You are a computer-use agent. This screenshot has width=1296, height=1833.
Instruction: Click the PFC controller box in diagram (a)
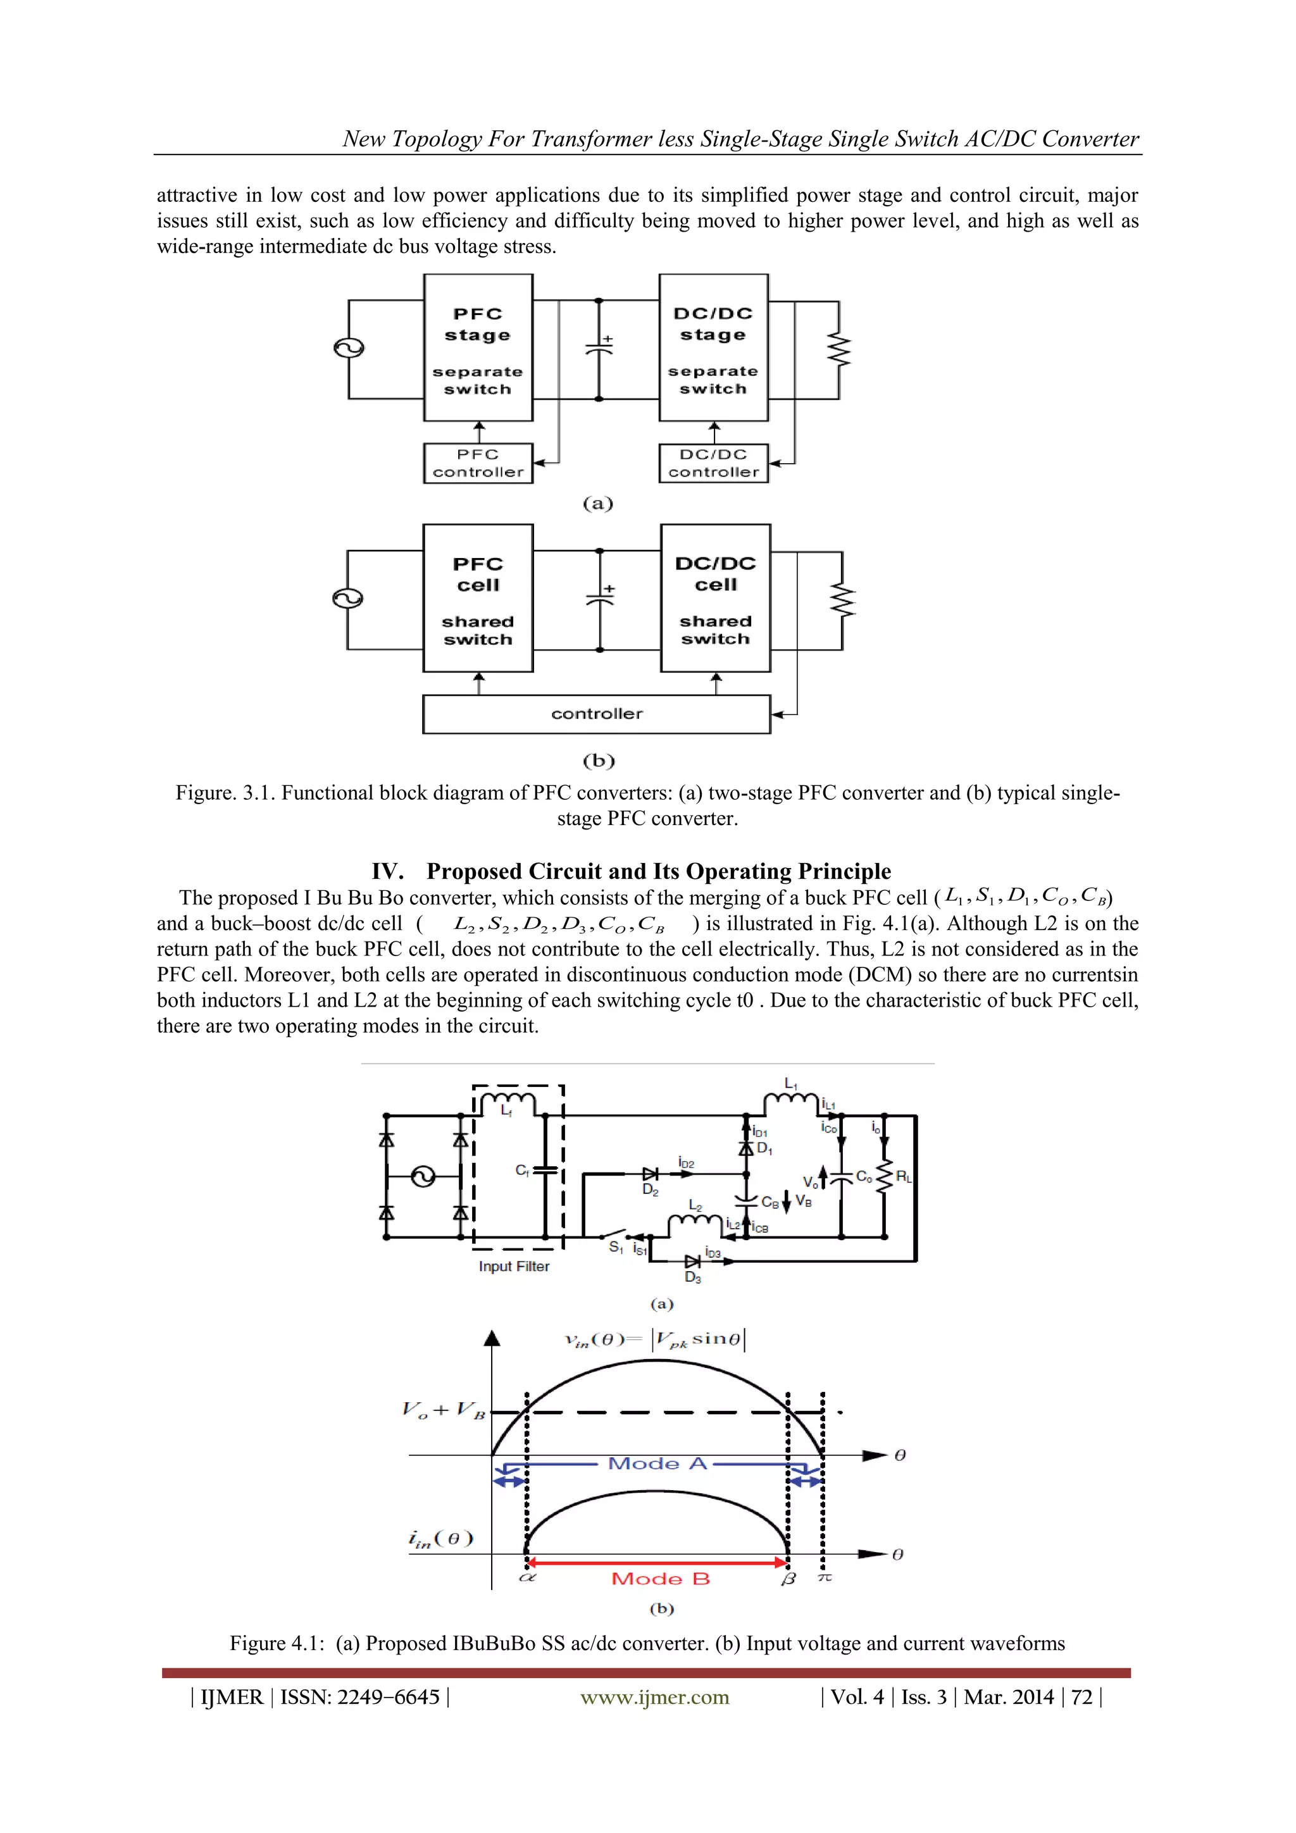point(478,463)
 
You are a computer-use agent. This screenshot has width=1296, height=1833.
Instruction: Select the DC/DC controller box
point(713,463)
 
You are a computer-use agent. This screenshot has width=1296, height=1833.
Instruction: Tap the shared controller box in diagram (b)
point(597,714)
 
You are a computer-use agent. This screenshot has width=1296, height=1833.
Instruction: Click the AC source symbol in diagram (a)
point(349,348)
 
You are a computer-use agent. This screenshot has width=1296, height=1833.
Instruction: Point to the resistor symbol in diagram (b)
point(842,600)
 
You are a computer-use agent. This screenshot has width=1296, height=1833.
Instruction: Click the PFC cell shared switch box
point(478,598)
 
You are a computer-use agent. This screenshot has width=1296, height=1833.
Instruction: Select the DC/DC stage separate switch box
point(713,348)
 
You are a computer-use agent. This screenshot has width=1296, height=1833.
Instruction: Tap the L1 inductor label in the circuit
point(790,1083)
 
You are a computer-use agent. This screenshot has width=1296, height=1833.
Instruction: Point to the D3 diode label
point(692,1277)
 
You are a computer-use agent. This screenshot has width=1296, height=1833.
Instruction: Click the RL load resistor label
point(904,1177)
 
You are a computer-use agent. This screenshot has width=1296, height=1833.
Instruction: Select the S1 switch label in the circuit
point(616,1247)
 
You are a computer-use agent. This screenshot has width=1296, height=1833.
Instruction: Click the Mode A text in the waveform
point(657,1463)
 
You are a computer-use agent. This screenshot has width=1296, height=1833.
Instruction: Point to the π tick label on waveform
point(825,1578)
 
